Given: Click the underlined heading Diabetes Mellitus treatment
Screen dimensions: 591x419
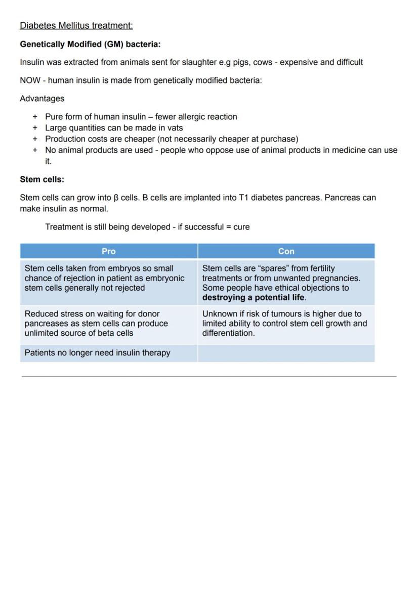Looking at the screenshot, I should [x=76, y=26].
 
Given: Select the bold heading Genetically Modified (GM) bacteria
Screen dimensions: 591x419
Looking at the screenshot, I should [x=90, y=44].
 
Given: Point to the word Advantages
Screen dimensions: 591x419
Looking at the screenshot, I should [x=42, y=99].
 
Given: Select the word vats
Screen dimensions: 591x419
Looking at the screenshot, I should [x=175, y=128].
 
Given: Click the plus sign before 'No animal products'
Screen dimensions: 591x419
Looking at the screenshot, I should [x=35, y=150].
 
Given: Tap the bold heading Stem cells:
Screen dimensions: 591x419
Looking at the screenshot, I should [x=42, y=179].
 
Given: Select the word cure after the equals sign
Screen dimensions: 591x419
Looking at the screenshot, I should [x=241, y=227].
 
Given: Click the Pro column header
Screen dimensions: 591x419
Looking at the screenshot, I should [x=108, y=251].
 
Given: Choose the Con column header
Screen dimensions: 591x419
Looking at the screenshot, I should [x=286, y=251].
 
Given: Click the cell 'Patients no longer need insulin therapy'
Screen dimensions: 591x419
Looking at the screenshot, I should [x=97, y=353].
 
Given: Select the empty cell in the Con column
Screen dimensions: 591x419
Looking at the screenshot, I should [x=286, y=353].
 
